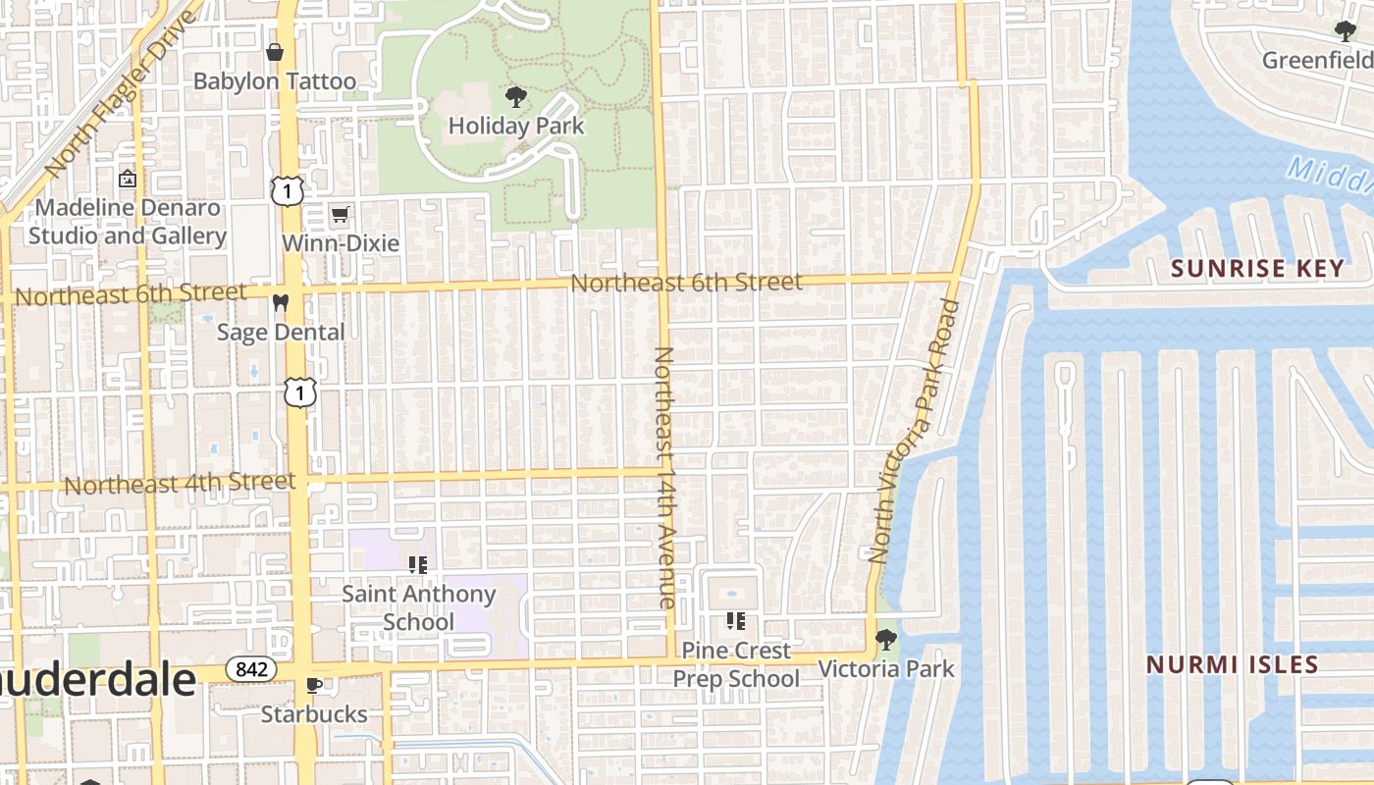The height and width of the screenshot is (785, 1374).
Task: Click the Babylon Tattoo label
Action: click(x=274, y=80)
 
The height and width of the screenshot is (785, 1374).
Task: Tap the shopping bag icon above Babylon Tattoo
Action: click(x=275, y=51)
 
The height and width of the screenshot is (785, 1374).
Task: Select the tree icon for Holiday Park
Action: click(x=515, y=97)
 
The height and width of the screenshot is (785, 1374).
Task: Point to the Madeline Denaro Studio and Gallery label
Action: click(x=128, y=222)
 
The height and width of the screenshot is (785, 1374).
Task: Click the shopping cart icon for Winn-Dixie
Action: click(x=340, y=214)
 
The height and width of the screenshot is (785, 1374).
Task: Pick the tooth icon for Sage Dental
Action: click(x=281, y=303)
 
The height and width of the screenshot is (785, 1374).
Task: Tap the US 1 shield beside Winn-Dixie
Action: click(x=287, y=191)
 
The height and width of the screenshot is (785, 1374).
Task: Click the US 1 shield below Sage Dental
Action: click(x=300, y=392)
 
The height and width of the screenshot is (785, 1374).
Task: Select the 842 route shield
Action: click(x=250, y=669)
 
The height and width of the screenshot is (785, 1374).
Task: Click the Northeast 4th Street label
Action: click(x=180, y=483)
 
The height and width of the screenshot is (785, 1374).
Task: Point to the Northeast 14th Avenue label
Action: click(x=664, y=477)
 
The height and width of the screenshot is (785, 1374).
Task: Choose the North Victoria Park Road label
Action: click(x=914, y=432)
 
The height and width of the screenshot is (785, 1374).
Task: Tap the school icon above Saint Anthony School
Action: click(x=418, y=564)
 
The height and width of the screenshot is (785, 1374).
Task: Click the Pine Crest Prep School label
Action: click(x=735, y=664)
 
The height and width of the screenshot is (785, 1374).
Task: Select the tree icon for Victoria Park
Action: click(x=885, y=640)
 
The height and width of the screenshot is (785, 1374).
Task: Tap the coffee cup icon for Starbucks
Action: click(x=313, y=685)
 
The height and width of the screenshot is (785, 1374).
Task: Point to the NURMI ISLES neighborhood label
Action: click(x=1232, y=664)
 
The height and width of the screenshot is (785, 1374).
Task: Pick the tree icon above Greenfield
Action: click(x=1346, y=31)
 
